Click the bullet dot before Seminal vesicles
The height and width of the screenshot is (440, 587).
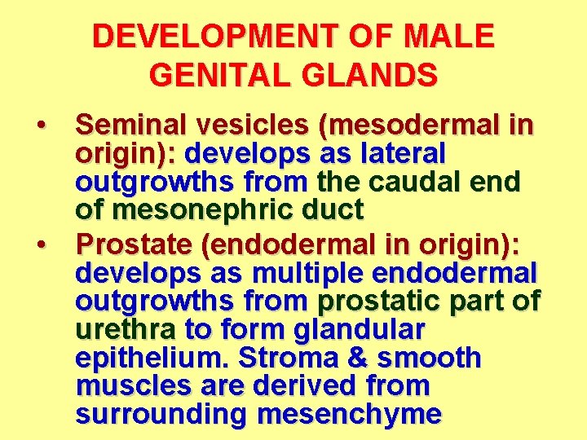click(x=40, y=126)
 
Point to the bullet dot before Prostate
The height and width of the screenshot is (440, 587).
click(x=40, y=243)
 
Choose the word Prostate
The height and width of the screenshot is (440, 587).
click(x=130, y=242)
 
